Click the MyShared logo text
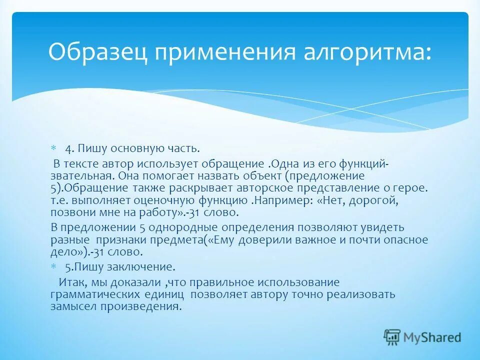(x=433, y=337)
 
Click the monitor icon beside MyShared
(x=392, y=337)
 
